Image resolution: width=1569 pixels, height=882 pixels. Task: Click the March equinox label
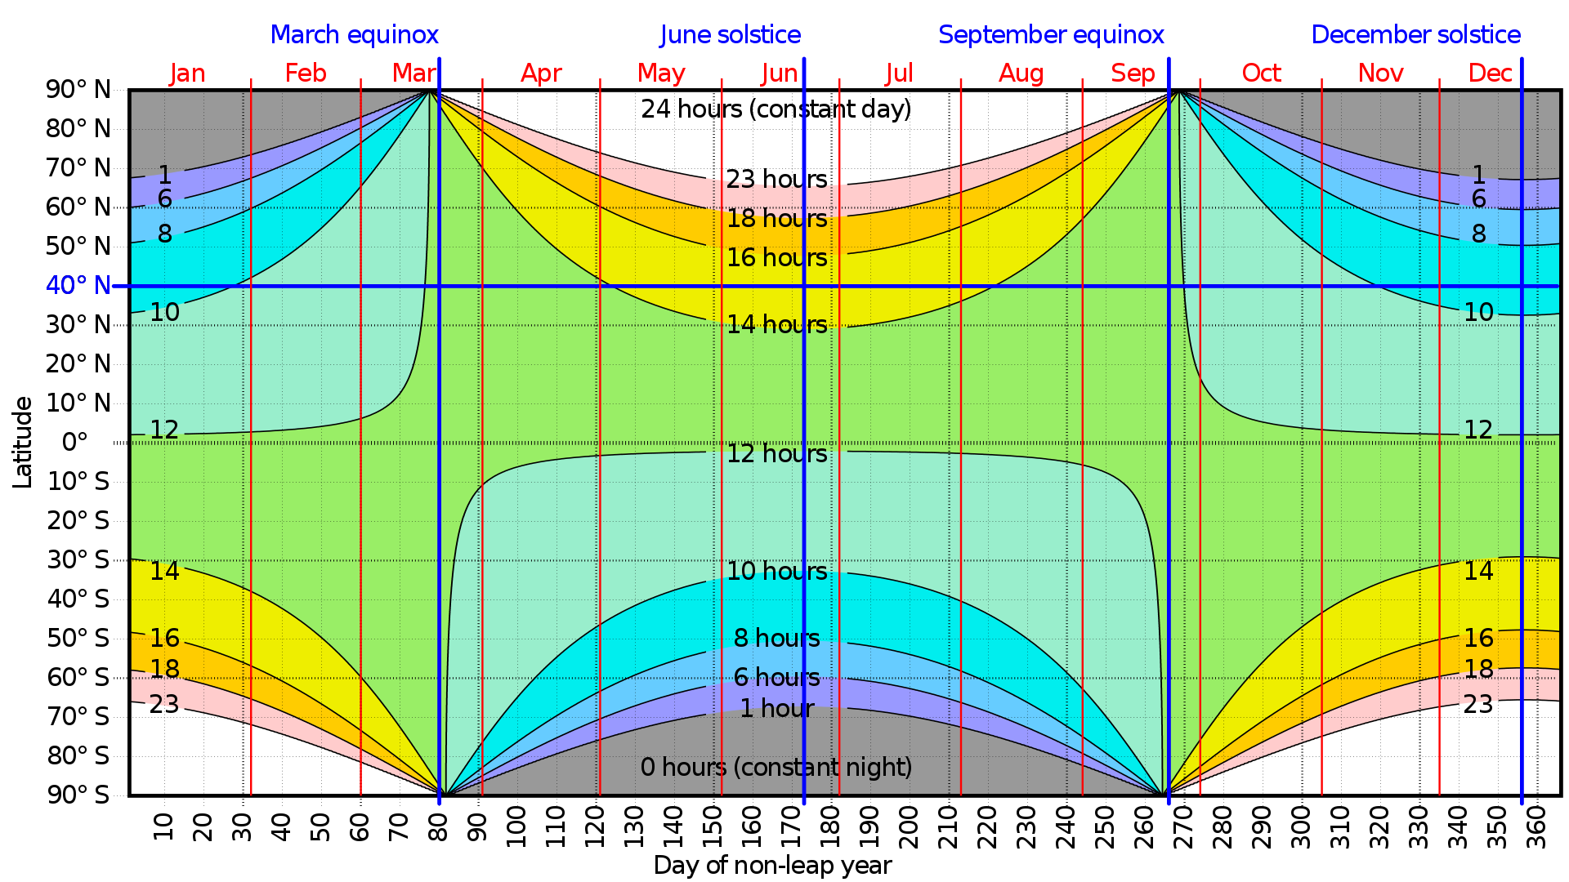355,35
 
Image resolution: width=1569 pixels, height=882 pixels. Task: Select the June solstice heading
730,35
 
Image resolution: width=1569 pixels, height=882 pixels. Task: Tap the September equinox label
1051,35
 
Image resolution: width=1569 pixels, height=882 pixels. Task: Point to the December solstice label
1415,35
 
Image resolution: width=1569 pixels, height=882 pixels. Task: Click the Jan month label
187,73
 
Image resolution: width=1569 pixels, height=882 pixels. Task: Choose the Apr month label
541,73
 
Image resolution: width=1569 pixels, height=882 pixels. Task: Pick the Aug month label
1021,73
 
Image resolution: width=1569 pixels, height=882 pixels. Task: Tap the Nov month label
1380,73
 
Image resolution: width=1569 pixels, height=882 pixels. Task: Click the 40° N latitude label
78,286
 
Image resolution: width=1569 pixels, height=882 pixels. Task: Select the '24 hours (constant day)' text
776,109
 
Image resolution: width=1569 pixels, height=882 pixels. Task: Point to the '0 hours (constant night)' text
776,768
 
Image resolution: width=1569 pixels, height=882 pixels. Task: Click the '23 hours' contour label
776,180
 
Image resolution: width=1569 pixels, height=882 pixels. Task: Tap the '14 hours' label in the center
776,325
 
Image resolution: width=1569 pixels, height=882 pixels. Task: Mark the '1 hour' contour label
776,709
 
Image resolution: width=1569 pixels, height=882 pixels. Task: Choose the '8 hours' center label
776,639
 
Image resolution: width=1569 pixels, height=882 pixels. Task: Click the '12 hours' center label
776,454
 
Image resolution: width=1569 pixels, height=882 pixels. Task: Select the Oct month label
1261,73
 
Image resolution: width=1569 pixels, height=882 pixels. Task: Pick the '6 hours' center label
776,678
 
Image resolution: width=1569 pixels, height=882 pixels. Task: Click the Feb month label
306,73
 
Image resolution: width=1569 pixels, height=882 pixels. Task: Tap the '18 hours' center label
776,219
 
